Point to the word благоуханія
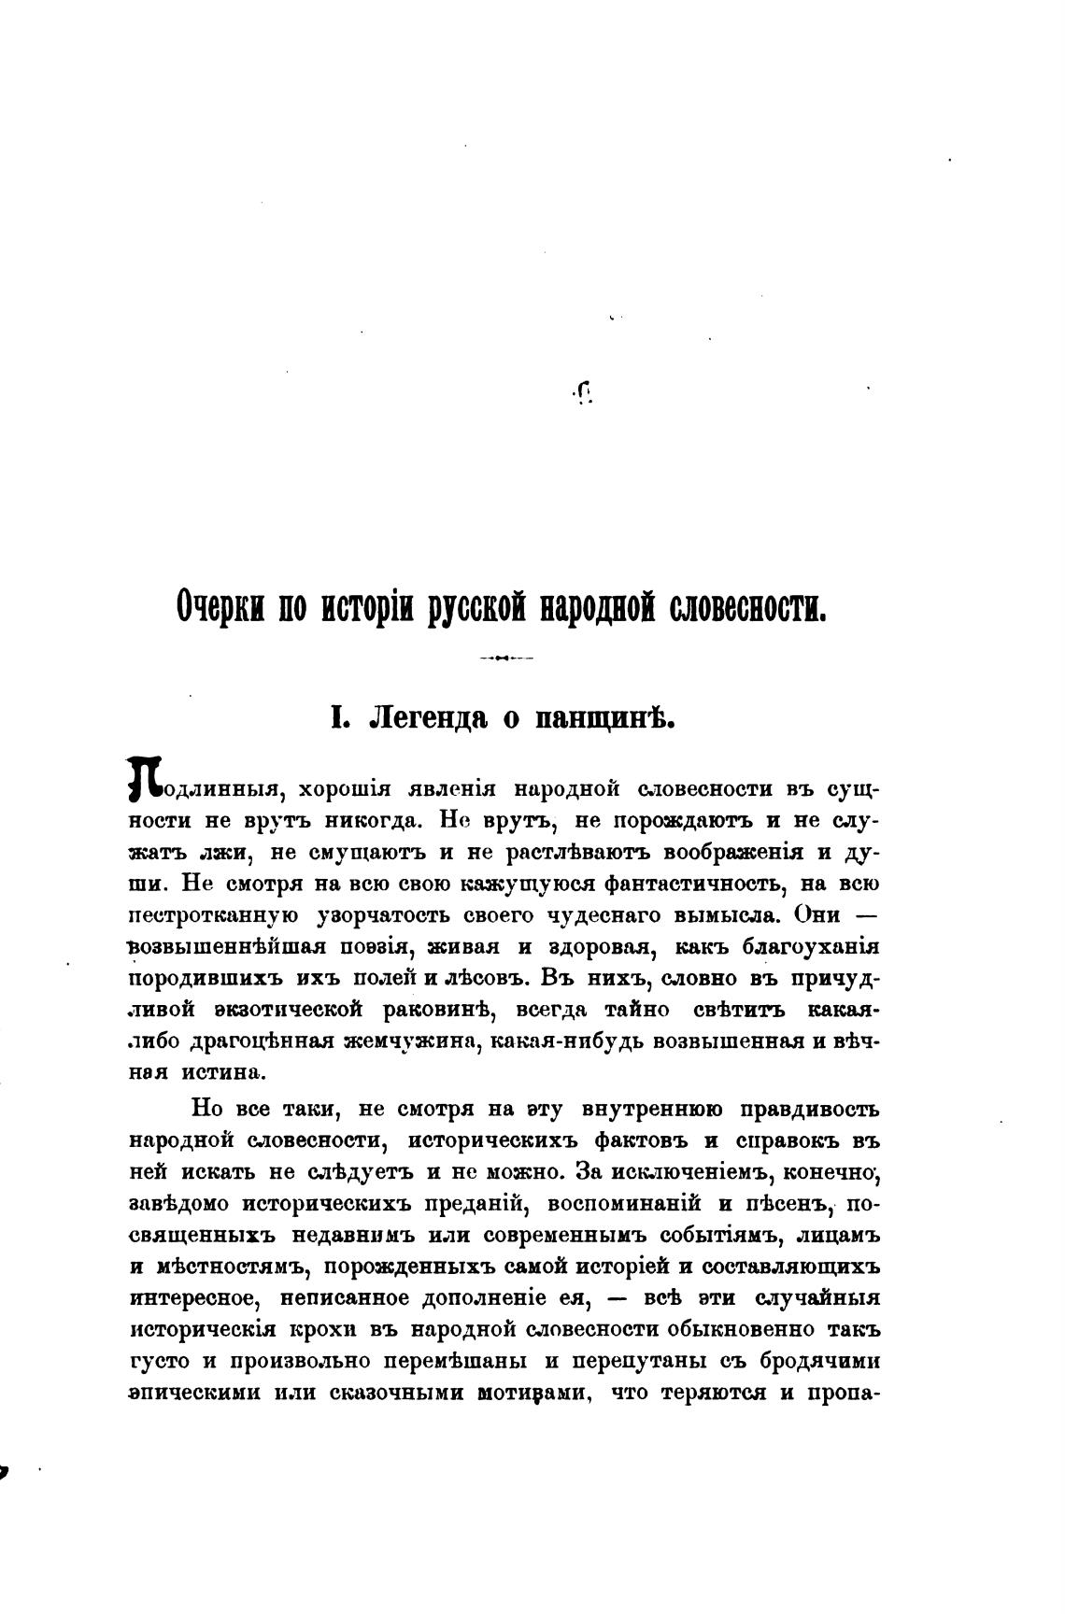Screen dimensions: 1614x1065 (x=810, y=946)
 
